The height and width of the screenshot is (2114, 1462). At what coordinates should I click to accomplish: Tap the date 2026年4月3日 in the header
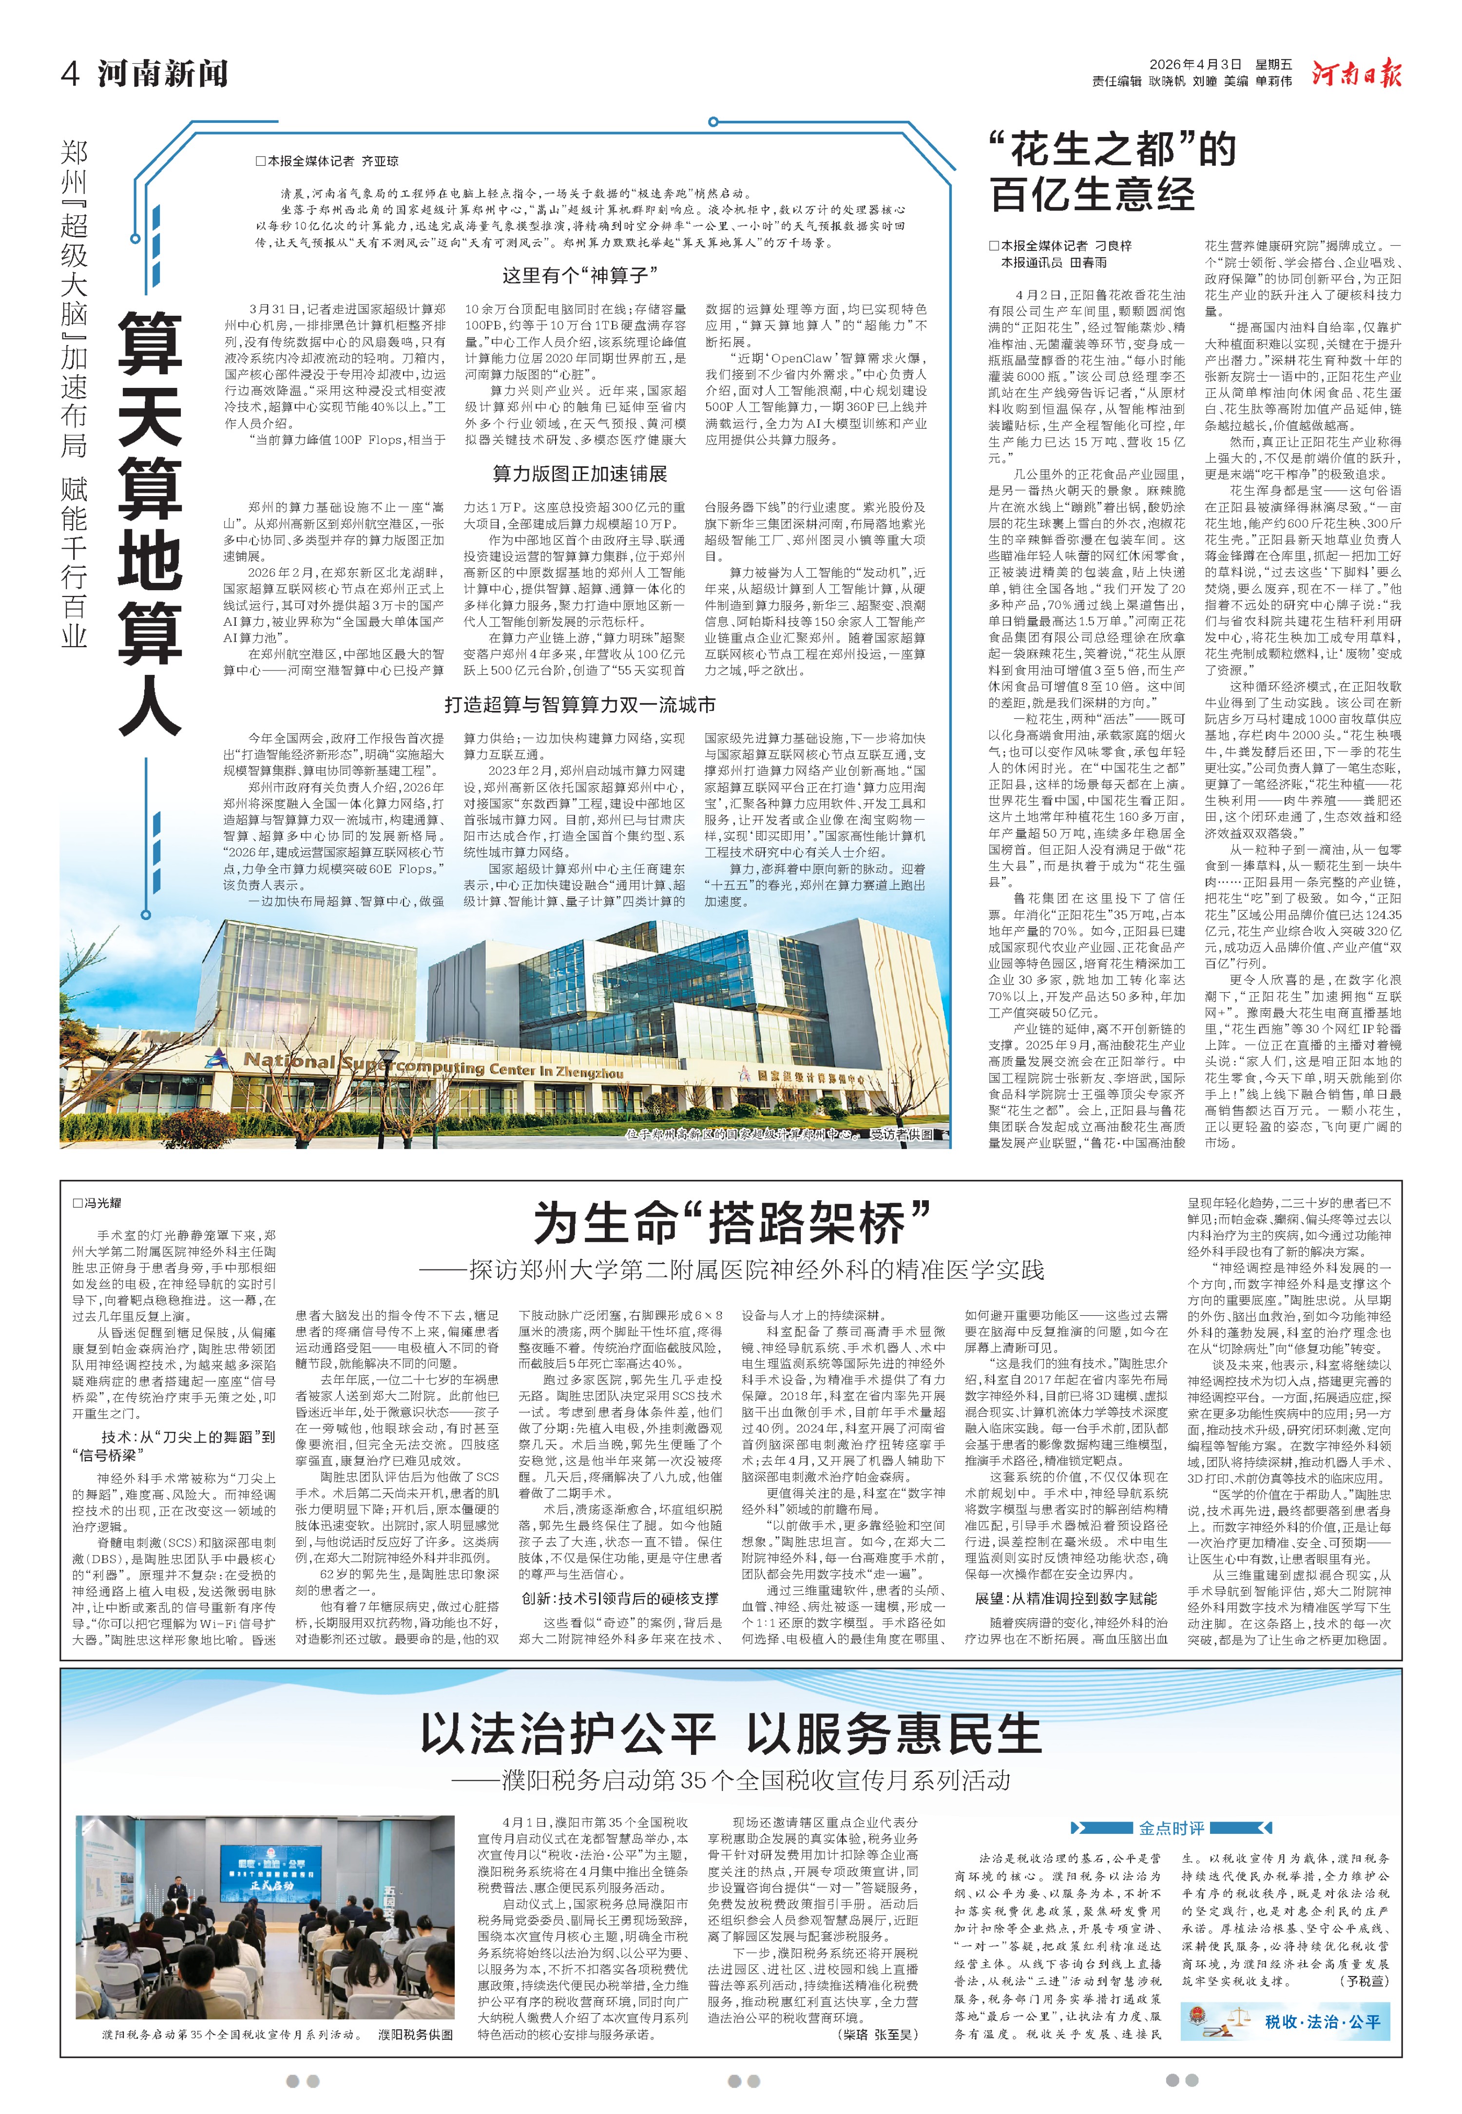1195,65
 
